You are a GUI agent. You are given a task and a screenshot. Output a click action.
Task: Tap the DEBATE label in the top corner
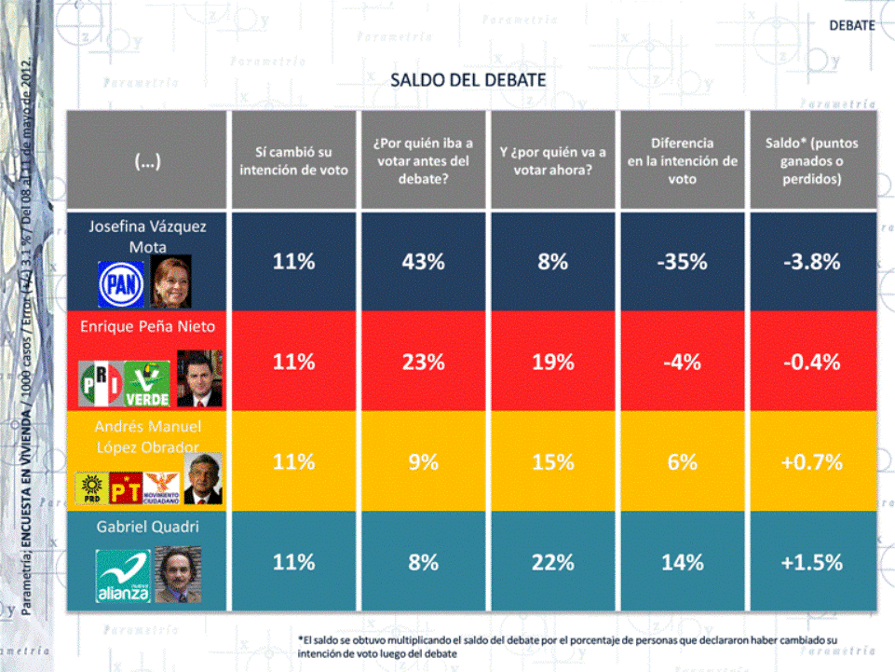[852, 25]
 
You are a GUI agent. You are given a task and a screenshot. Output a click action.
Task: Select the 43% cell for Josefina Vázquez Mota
[423, 262]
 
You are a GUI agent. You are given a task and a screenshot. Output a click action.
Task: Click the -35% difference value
[682, 262]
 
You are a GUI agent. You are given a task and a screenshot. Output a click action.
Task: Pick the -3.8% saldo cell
[811, 262]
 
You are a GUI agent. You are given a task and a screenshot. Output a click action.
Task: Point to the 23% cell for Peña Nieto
[423, 363]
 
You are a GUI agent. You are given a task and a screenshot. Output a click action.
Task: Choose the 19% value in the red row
[552, 363]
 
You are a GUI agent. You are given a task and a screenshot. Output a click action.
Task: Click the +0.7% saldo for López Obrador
[811, 461]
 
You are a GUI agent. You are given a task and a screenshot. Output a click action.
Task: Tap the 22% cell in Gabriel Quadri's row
[552, 562]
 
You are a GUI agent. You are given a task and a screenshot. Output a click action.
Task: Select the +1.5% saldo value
[811, 562]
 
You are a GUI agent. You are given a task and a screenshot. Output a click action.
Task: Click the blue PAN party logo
[121, 282]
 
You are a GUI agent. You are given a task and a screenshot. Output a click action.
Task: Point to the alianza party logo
[123, 576]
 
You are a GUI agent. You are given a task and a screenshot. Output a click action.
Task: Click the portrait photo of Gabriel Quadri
[177, 574]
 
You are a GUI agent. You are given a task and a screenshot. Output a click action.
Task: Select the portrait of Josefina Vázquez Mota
[170, 281]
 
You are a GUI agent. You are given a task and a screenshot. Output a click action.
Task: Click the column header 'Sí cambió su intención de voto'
[293, 160]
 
